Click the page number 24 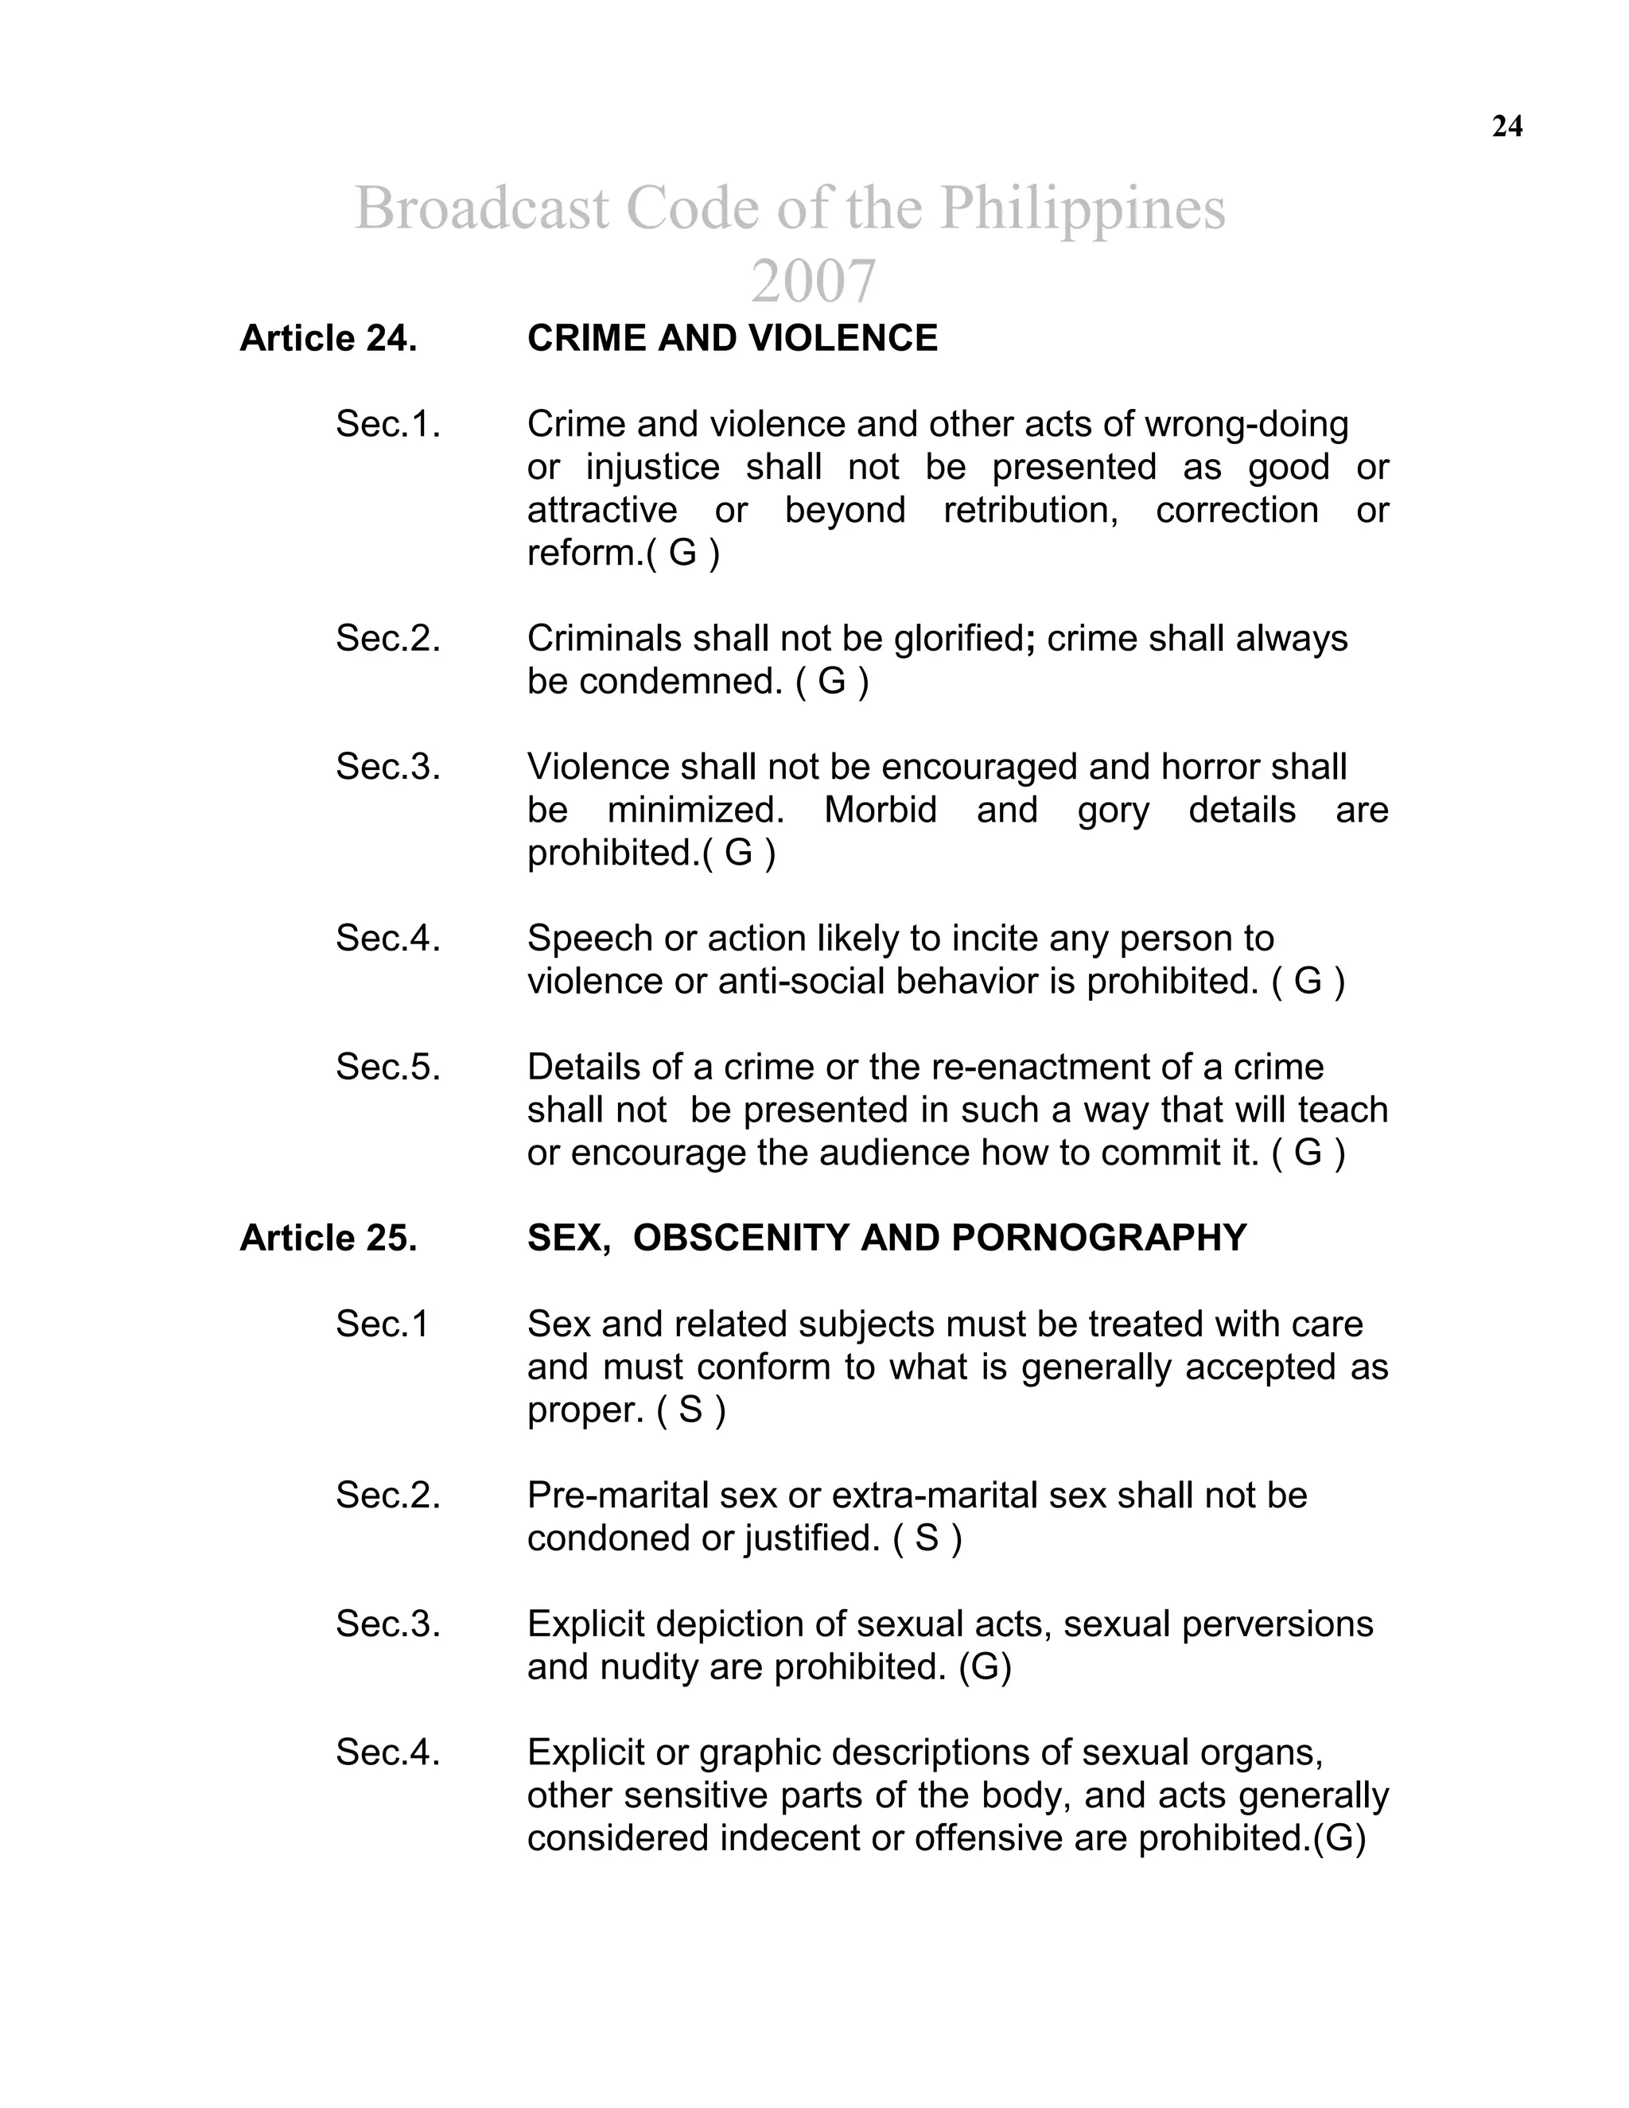click(1507, 126)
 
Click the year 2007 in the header click(813, 281)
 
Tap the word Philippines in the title click(1083, 208)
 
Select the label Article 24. click(329, 339)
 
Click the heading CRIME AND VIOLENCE click(732, 339)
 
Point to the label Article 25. click(329, 1239)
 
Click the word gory click(1113, 810)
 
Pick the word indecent click(789, 1838)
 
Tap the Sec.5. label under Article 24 click(387, 1068)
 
